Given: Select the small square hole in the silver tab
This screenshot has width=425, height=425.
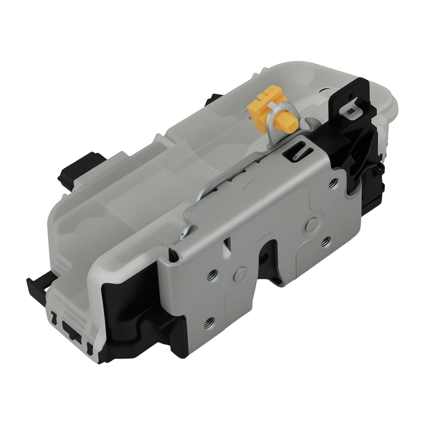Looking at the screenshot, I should pyautogui.click(x=351, y=110).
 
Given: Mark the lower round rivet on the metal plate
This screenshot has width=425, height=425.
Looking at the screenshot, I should pyautogui.click(x=241, y=272).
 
